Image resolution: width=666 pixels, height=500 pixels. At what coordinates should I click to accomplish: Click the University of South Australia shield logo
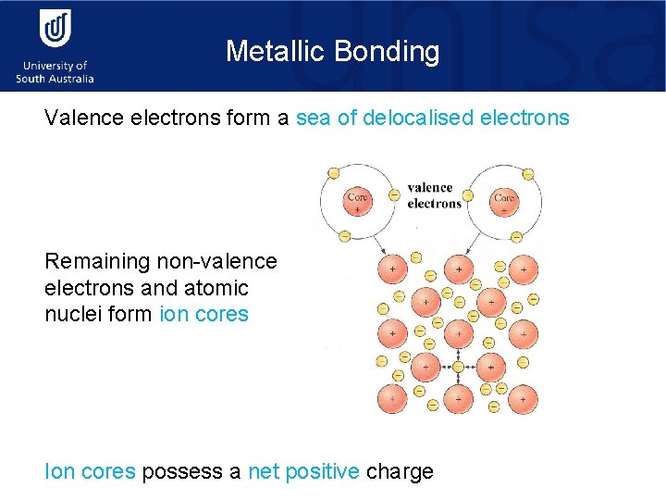click(x=55, y=29)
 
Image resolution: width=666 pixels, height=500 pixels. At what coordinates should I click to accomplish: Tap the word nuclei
click(x=72, y=314)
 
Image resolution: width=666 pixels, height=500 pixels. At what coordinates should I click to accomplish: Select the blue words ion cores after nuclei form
click(x=204, y=314)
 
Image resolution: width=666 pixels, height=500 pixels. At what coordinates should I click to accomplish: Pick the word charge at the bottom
click(x=400, y=471)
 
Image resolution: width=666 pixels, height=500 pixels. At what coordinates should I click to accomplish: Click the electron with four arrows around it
click(x=457, y=367)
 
